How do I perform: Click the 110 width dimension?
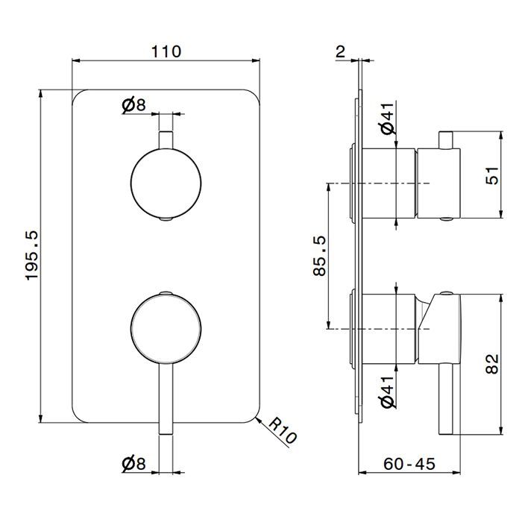[x=166, y=51]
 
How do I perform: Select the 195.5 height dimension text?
[x=33, y=255]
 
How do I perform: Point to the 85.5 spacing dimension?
[x=320, y=256]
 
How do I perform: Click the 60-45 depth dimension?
[x=409, y=464]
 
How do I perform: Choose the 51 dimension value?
[x=492, y=175]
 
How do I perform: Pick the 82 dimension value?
[x=492, y=364]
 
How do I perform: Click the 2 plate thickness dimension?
[x=340, y=51]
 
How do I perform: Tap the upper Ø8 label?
[x=133, y=105]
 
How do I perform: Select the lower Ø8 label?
[x=133, y=463]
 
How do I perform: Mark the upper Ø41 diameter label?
[x=388, y=119]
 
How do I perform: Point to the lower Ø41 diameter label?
[x=388, y=392]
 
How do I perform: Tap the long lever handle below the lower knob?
[x=166, y=399]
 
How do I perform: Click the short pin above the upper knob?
[x=166, y=140]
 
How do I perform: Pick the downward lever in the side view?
[x=446, y=399]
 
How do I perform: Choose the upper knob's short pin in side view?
[x=446, y=140]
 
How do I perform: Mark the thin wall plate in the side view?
[x=360, y=257]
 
